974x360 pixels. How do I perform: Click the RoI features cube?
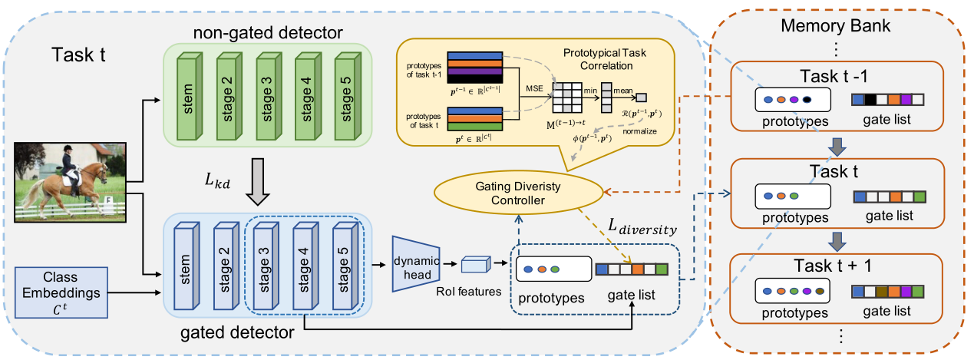point(474,265)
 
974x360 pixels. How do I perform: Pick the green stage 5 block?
point(348,94)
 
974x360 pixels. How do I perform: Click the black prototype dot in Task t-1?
point(806,99)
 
